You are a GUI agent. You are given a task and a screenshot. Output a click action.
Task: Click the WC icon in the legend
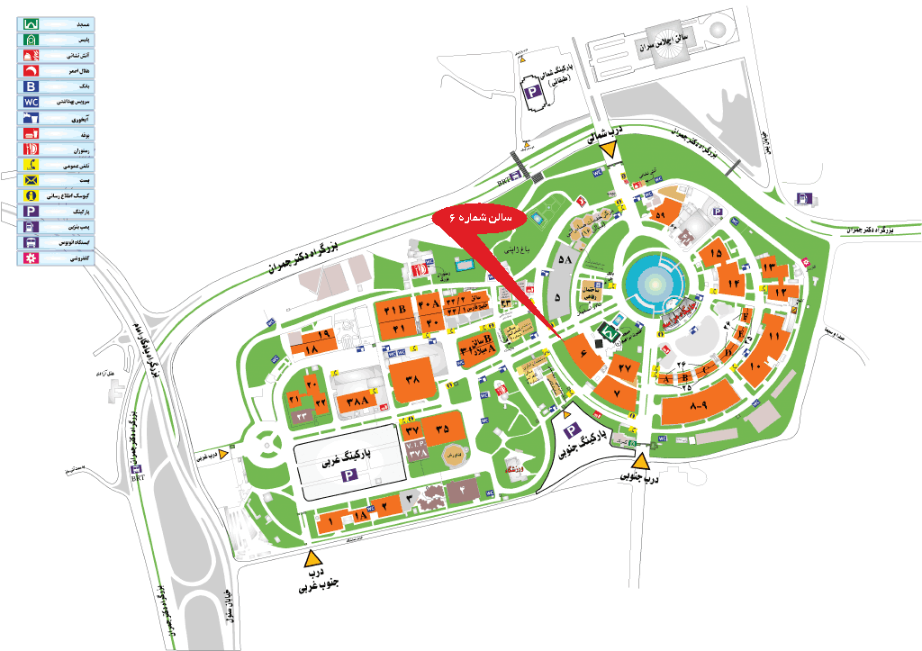tap(32, 102)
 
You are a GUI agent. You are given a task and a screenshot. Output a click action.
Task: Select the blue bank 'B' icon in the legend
tap(32, 86)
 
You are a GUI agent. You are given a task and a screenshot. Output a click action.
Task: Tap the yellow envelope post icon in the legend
tap(32, 180)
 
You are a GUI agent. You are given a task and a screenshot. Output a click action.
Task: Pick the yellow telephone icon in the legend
tap(32, 165)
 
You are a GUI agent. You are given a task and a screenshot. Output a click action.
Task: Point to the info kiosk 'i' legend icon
tap(32, 195)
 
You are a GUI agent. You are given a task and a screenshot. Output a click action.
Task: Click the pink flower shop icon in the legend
tap(32, 258)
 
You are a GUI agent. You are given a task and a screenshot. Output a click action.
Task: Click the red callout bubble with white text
tap(486, 218)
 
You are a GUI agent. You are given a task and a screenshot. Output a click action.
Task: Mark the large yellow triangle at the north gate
tap(610, 149)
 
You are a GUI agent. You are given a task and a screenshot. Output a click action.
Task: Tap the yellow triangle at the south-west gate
tap(312, 556)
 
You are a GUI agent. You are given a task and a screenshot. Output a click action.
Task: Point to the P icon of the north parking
tap(531, 92)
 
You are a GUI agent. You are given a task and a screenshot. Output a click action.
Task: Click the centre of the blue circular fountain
tap(655, 280)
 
